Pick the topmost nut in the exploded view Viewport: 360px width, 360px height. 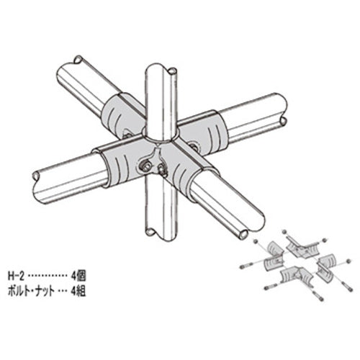[x=286, y=232]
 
